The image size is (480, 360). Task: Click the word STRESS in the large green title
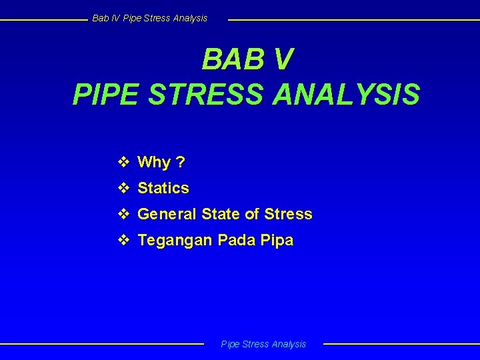pyautogui.click(x=207, y=95)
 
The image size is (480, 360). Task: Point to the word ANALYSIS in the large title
pyautogui.click(x=346, y=95)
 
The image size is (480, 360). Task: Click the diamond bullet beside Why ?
pyautogui.click(x=123, y=162)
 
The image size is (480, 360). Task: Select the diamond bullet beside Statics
pyautogui.click(x=123, y=188)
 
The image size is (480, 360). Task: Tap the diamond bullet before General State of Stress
pyautogui.click(x=123, y=214)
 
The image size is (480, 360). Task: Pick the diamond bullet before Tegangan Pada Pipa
pyautogui.click(x=123, y=240)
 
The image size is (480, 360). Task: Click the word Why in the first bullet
pyautogui.click(x=154, y=163)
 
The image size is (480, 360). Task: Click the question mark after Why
pyautogui.click(x=181, y=163)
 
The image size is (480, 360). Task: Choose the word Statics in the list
pyautogui.click(x=163, y=189)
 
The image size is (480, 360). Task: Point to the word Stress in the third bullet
pyautogui.click(x=288, y=215)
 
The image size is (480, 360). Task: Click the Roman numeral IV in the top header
pyautogui.click(x=115, y=18)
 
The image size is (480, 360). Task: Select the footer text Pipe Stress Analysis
pyautogui.click(x=263, y=344)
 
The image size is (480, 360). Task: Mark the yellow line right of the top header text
pyautogui.click(x=353, y=19)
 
